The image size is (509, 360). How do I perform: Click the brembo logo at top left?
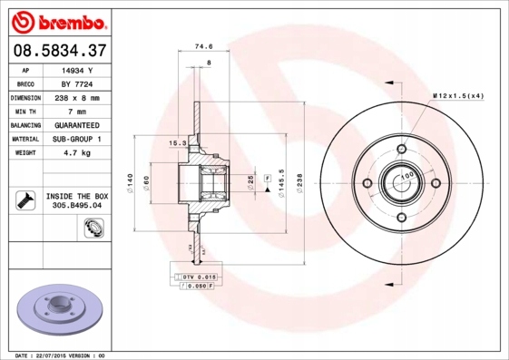tap(57, 19)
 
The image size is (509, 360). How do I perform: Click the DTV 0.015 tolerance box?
tap(195, 275)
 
